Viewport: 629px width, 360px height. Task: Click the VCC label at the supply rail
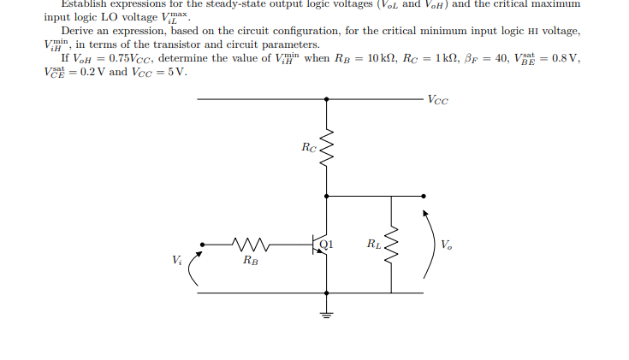437,99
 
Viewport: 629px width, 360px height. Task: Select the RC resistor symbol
325,149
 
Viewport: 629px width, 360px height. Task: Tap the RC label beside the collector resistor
309,147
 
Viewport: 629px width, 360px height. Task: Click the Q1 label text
326,243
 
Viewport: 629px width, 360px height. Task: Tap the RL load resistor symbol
391,246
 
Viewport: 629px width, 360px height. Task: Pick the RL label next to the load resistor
373,245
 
